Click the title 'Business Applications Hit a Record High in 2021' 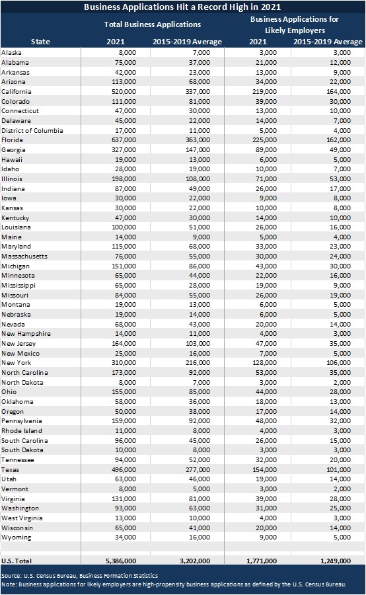[182, 7]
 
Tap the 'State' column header [40, 42]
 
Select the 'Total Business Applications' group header [153, 24]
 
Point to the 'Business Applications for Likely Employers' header [295, 24]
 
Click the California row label [17, 91]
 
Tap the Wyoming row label [17, 537]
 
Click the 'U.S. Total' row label [17, 561]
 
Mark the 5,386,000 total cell [121, 561]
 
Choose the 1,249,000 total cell [336, 561]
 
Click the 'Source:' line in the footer [80, 576]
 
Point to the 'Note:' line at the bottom [174, 584]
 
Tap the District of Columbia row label [32, 130]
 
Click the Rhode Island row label [22, 430]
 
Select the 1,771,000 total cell [262, 561]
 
